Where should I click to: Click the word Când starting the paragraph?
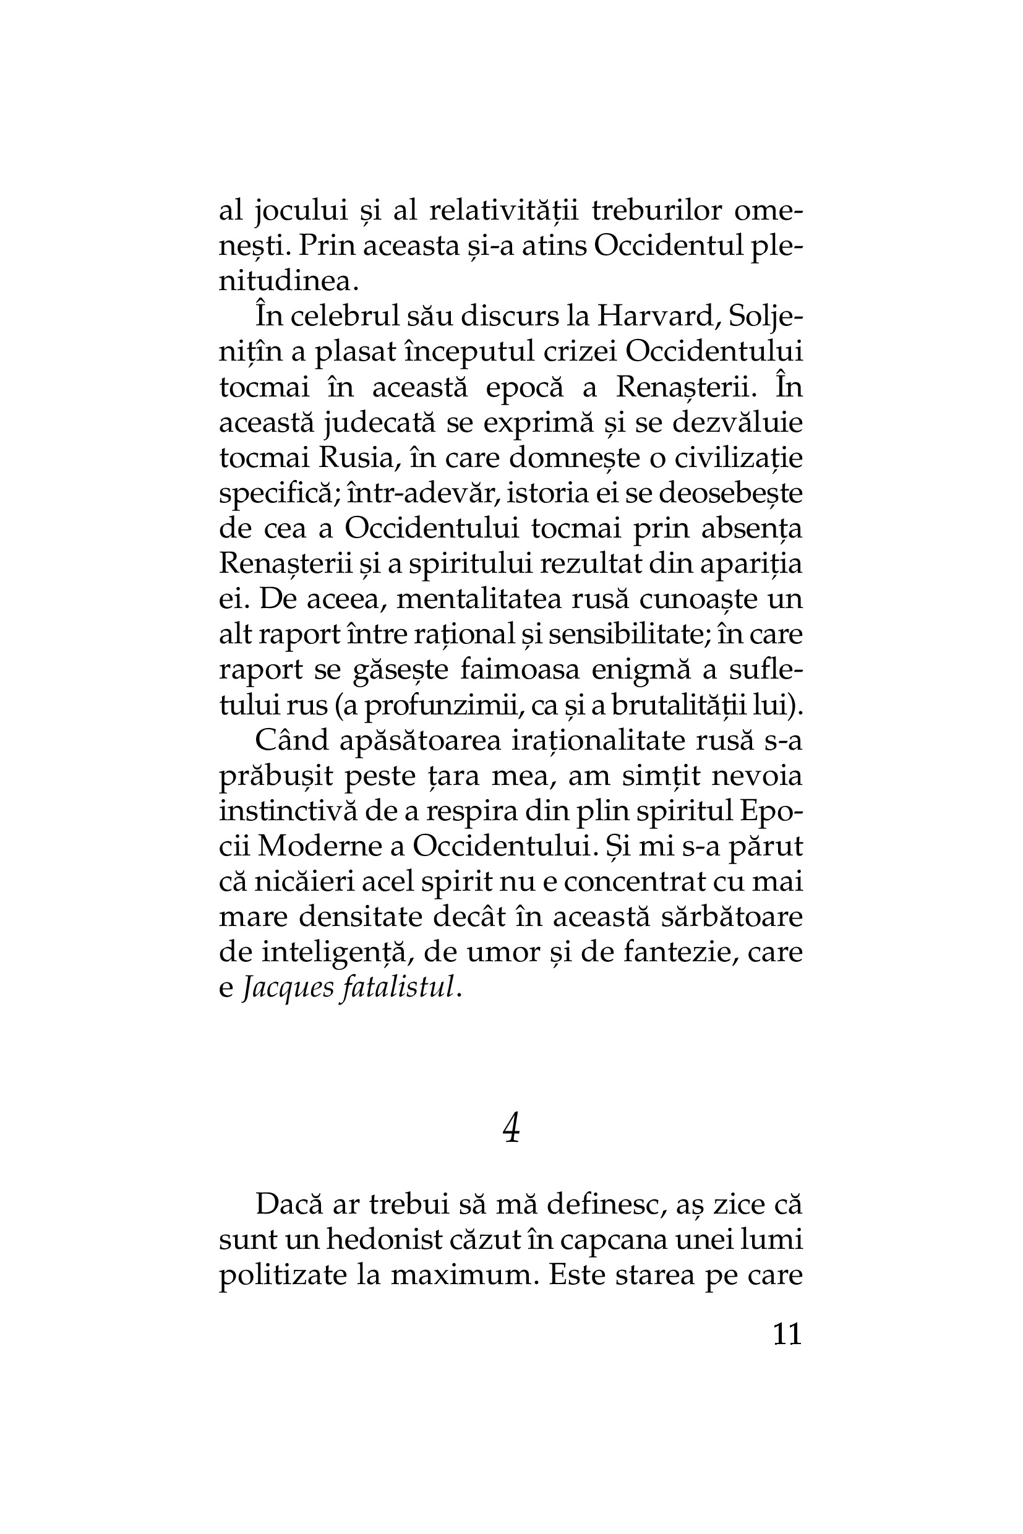(292, 740)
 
